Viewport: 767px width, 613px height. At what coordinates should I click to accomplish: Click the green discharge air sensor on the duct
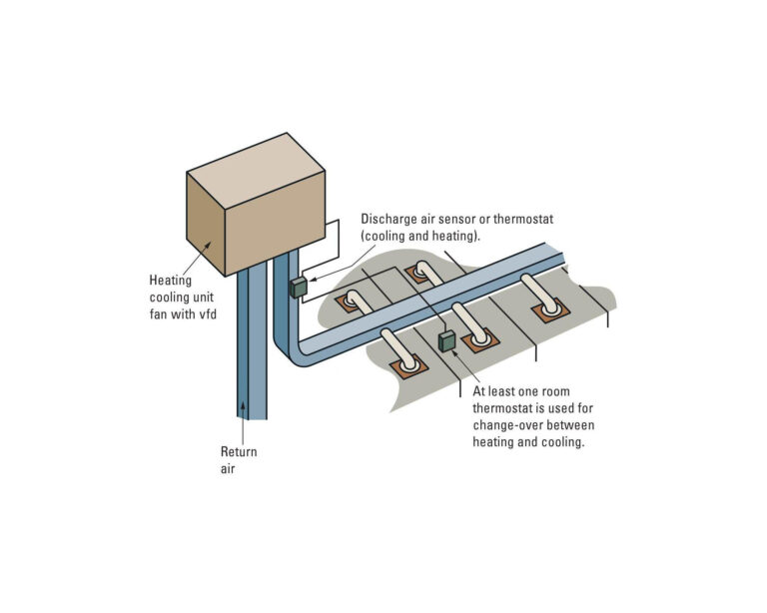[x=298, y=288]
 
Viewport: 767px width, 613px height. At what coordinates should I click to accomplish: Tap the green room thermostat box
[x=447, y=341]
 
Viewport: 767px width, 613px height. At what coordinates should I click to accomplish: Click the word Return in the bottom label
[x=239, y=452]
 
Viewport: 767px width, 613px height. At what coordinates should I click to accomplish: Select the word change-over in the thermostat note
[x=508, y=424]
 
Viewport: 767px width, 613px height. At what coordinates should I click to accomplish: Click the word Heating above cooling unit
[x=170, y=282]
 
